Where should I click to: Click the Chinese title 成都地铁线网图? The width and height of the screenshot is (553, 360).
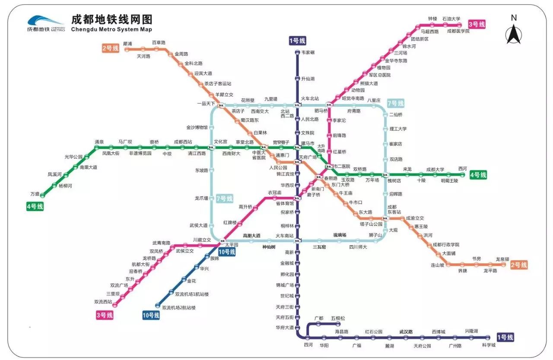coord(111,19)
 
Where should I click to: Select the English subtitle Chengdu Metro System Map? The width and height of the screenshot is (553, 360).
coord(111,30)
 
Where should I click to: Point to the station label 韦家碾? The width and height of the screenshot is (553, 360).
coord(308,52)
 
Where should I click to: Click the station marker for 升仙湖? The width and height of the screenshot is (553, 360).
coord(297,79)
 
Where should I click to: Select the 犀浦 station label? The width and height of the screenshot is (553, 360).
coord(127,44)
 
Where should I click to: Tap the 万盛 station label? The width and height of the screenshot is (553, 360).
coord(35,194)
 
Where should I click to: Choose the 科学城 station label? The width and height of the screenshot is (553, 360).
coord(489,345)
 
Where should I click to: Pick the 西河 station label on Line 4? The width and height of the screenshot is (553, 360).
coord(463,169)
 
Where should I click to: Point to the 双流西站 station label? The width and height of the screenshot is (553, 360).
coord(103,302)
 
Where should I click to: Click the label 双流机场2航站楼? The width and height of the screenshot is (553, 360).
coord(178,308)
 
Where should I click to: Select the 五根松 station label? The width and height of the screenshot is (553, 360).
coord(338,319)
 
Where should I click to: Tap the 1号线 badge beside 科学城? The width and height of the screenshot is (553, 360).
coord(505,337)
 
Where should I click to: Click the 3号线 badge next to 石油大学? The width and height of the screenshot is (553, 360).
coord(477,25)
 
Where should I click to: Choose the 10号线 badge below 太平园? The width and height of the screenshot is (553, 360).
coord(227,252)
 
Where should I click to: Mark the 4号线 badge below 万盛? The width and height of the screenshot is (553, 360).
coord(35,207)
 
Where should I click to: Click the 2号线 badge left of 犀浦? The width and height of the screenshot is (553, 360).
coord(110,48)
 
